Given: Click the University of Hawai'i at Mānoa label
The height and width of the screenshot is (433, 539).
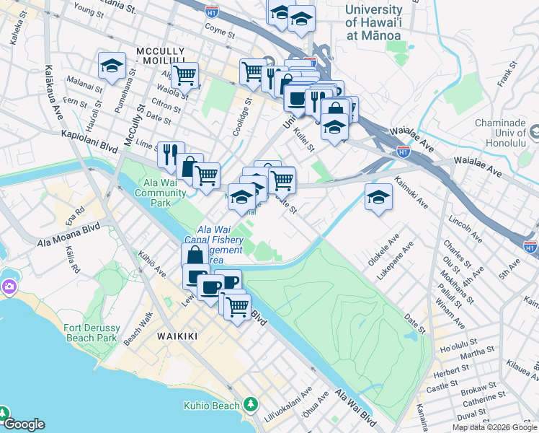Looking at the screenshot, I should tap(373, 22).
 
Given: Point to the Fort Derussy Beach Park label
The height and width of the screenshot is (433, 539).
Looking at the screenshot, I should tap(91, 332).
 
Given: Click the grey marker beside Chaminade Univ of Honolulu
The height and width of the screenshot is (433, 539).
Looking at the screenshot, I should tap(534, 133).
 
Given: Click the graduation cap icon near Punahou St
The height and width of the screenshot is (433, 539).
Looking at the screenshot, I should tap(112, 66).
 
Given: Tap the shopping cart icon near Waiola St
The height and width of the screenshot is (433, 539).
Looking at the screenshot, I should tap(185, 74).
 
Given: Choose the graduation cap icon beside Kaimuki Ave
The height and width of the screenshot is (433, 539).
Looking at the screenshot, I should tap(378, 197).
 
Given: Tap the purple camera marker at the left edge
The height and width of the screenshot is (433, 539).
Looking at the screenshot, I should tap(8, 287).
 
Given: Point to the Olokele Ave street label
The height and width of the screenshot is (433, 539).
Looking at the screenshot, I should tap(384, 249).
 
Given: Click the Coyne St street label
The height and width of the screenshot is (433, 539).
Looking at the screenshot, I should tap(220, 32).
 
